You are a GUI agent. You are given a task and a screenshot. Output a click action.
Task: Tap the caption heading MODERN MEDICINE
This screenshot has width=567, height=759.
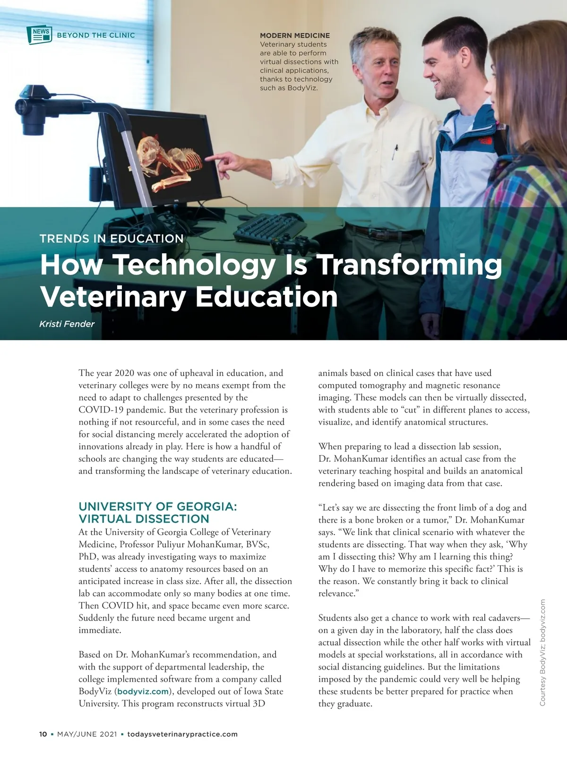pyautogui.click(x=295, y=35)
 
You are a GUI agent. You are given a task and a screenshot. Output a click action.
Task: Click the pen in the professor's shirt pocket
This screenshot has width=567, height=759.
pyautogui.click(x=395, y=152)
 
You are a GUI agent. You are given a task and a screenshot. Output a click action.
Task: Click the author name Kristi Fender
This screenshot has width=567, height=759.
pyautogui.click(x=67, y=324)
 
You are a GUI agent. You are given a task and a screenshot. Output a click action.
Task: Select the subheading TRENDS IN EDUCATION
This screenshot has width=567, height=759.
pyautogui.click(x=112, y=238)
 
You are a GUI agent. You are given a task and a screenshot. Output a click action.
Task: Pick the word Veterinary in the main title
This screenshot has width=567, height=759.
pyautogui.click(x=113, y=297)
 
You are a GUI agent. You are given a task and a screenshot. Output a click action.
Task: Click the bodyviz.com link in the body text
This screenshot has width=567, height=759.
pyautogui.click(x=143, y=691)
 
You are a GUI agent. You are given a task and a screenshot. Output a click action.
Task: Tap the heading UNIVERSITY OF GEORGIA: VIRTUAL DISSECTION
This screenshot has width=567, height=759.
pyautogui.click(x=158, y=512)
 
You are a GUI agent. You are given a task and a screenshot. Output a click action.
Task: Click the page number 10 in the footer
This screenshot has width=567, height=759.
pyautogui.click(x=43, y=734)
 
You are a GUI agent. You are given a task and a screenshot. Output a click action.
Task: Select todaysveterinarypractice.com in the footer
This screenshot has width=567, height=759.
pyautogui.click(x=182, y=734)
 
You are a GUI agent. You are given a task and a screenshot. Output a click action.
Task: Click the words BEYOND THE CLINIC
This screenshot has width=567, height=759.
pyautogui.click(x=96, y=35)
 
